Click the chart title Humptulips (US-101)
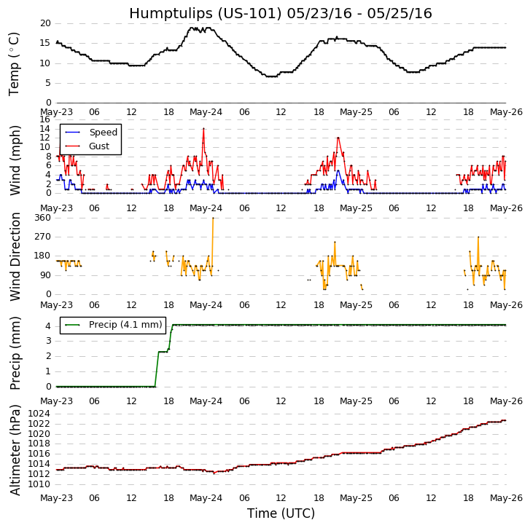pos(281,14)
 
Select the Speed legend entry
pos(103,133)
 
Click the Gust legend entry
pos(99,146)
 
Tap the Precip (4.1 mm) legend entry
pos(125,325)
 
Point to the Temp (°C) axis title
pos(15,63)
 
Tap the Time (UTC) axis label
pos(281,513)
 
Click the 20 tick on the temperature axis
pos(45,23)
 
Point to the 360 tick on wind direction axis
pos(42,218)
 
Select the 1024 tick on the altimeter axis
pos(39,414)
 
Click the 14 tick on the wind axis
pos(45,129)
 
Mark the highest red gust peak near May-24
pos(203,129)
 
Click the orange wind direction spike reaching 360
pos(213,218)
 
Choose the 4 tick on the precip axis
pos(47,325)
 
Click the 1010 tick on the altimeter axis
pos(39,484)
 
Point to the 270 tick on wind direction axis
pos(42,237)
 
